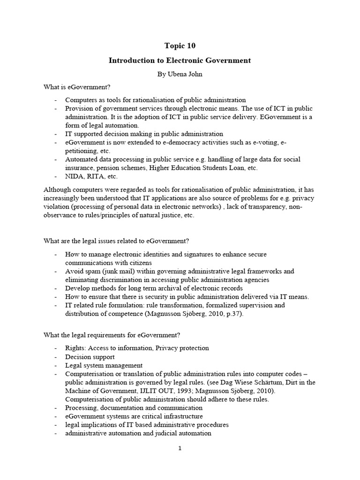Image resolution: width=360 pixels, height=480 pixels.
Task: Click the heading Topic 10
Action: pos(180,46)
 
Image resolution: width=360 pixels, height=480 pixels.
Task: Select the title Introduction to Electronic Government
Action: pos(180,60)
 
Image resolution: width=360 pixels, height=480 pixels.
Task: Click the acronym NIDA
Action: pos(75,176)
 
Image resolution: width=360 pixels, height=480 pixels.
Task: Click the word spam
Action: pos(89,271)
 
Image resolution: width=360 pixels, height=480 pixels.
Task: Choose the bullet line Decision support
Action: pos(90,357)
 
